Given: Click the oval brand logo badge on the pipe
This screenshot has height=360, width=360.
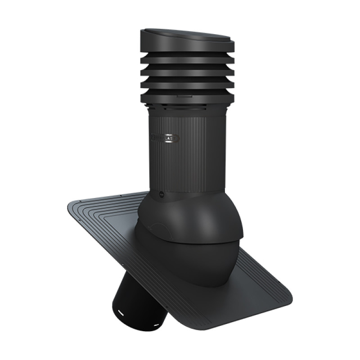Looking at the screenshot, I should pyautogui.click(x=165, y=136).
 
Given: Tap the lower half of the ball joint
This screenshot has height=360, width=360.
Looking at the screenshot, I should pyautogui.click(x=189, y=261).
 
